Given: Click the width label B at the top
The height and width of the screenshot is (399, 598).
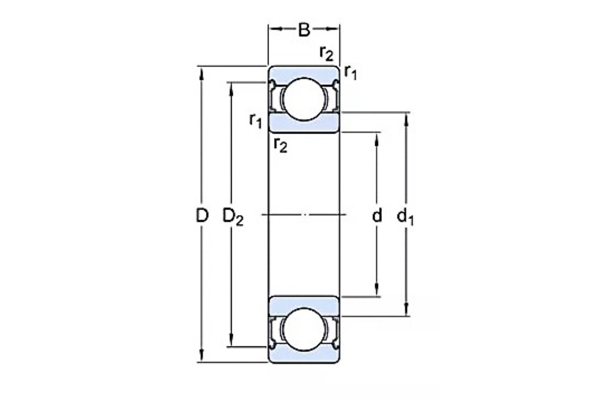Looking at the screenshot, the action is [304, 30].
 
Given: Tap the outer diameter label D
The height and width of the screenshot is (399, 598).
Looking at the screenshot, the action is [202, 215].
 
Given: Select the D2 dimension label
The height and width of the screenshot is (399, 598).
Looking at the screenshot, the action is [233, 217].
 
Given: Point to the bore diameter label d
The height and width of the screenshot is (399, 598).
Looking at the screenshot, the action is [377, 215].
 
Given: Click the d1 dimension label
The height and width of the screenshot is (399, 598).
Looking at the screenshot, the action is [405, 217].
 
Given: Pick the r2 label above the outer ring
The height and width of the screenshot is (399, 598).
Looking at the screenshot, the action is [326, 53].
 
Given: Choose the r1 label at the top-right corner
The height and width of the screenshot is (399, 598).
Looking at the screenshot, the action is [351, 72].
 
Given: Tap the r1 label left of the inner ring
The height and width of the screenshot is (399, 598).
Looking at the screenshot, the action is [255, 121].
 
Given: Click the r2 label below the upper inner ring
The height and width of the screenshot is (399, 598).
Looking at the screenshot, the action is [281, 145].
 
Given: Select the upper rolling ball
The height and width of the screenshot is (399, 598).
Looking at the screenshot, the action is [304, 99].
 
